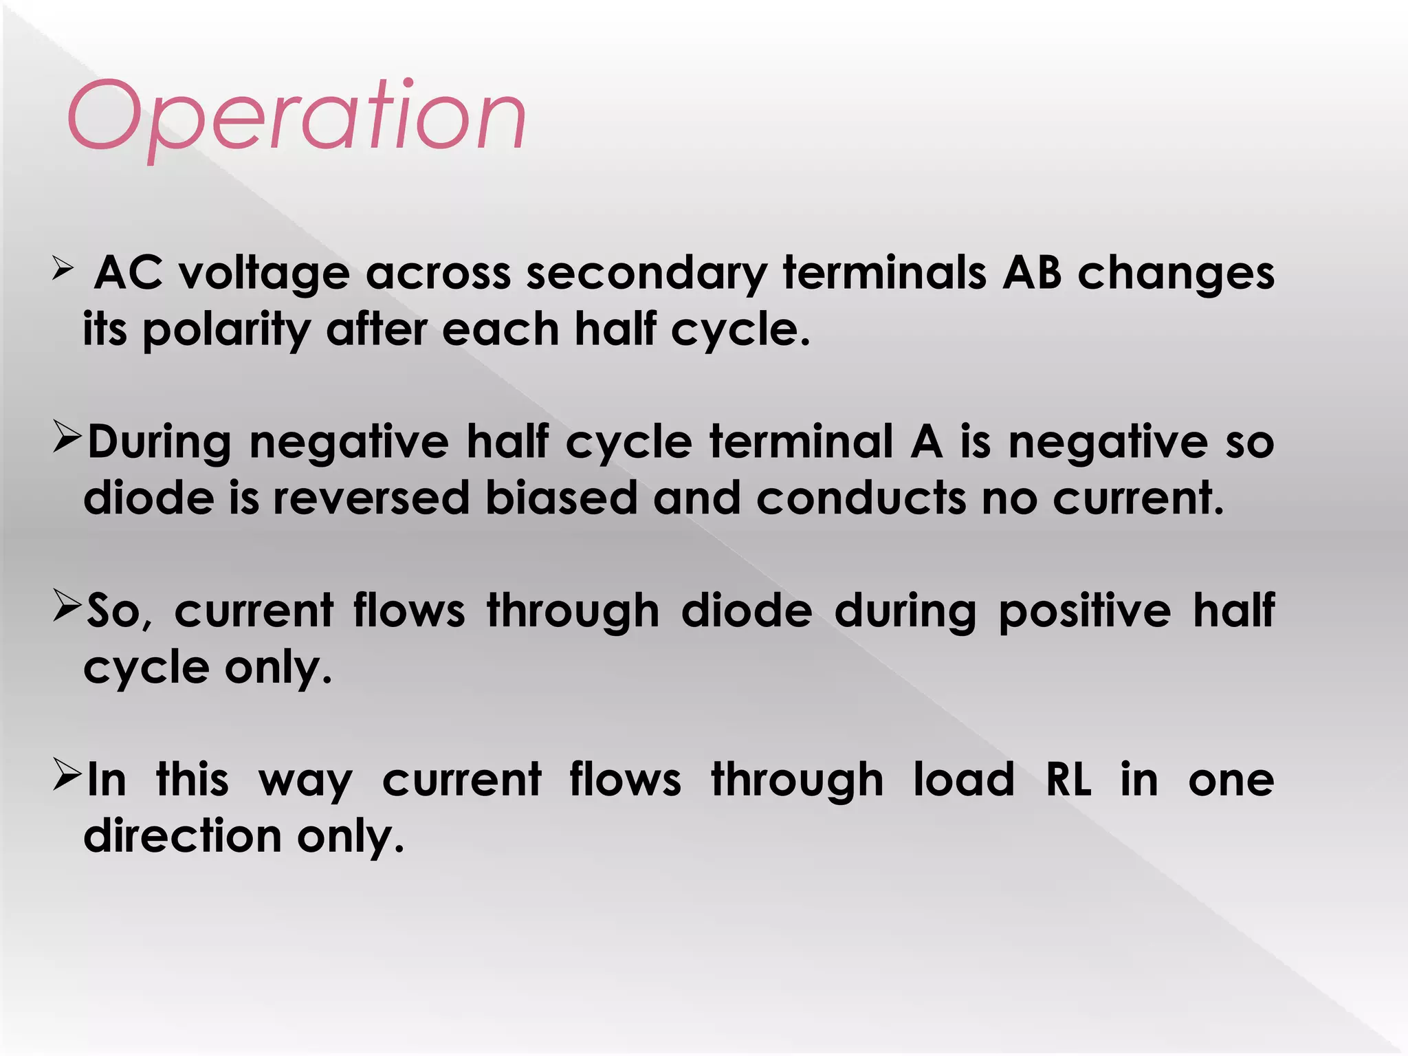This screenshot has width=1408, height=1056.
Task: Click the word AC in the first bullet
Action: pyautogui.click(x=129, y=273)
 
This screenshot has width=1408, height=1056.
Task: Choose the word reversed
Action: pyautogui.click(x=371, y=498)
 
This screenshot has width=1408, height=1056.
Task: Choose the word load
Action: pyautogui.click(x=963, y=780)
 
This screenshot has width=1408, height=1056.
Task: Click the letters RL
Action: pyautogui.click(x=1068, y=780)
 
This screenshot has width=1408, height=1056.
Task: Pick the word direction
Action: pyautogui.click(x=182, y=837)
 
